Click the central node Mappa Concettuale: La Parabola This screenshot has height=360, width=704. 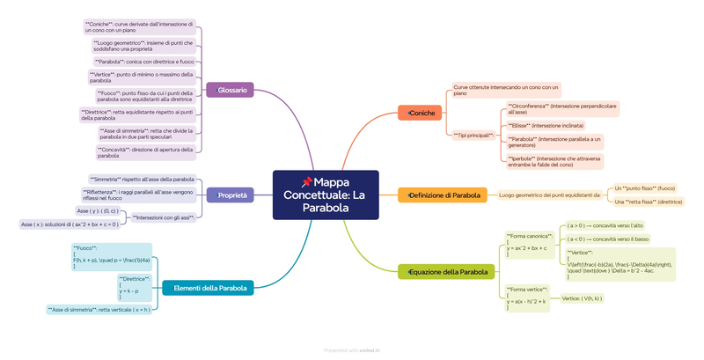[x=326, y=195]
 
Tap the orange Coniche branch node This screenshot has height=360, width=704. [x=420, y=114]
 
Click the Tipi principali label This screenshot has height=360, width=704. [x=473, y=136]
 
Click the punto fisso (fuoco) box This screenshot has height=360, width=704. [x=645, y=187]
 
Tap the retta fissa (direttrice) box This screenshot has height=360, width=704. [x=648, y=202]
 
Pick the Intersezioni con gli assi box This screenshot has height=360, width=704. [x=163, y=216]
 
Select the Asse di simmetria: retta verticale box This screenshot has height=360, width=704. [x=99, y=309]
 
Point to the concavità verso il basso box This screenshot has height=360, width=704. [x=607, y=239]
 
